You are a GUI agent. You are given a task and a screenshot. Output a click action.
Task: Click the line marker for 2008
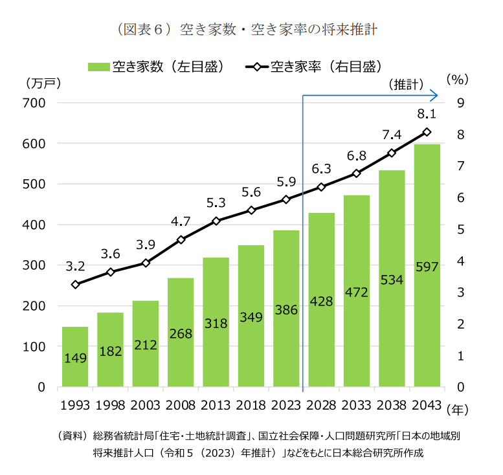pyautogui.click(x=181, y=239)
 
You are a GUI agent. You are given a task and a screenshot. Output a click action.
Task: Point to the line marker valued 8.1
pyautogui.click(x=427, y=132)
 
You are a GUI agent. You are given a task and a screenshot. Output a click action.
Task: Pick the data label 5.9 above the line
pyautogui.click(x=286, y=182)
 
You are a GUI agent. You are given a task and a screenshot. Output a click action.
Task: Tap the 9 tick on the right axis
pyautogui.click(x=460, y=103)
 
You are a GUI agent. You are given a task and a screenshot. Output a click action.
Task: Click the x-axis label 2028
pyautogui.click(x=322, y=406)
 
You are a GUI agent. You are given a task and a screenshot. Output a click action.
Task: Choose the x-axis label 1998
pyautogui.click(x=110, y=406)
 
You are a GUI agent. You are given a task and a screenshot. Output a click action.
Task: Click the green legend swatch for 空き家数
pyautogui.click(x=98, y=67)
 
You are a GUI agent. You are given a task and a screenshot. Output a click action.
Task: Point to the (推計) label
pyautogui.click(x=407, y=84)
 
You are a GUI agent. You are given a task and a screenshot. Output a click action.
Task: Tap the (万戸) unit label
pyautogui.click(x=42, y=83)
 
